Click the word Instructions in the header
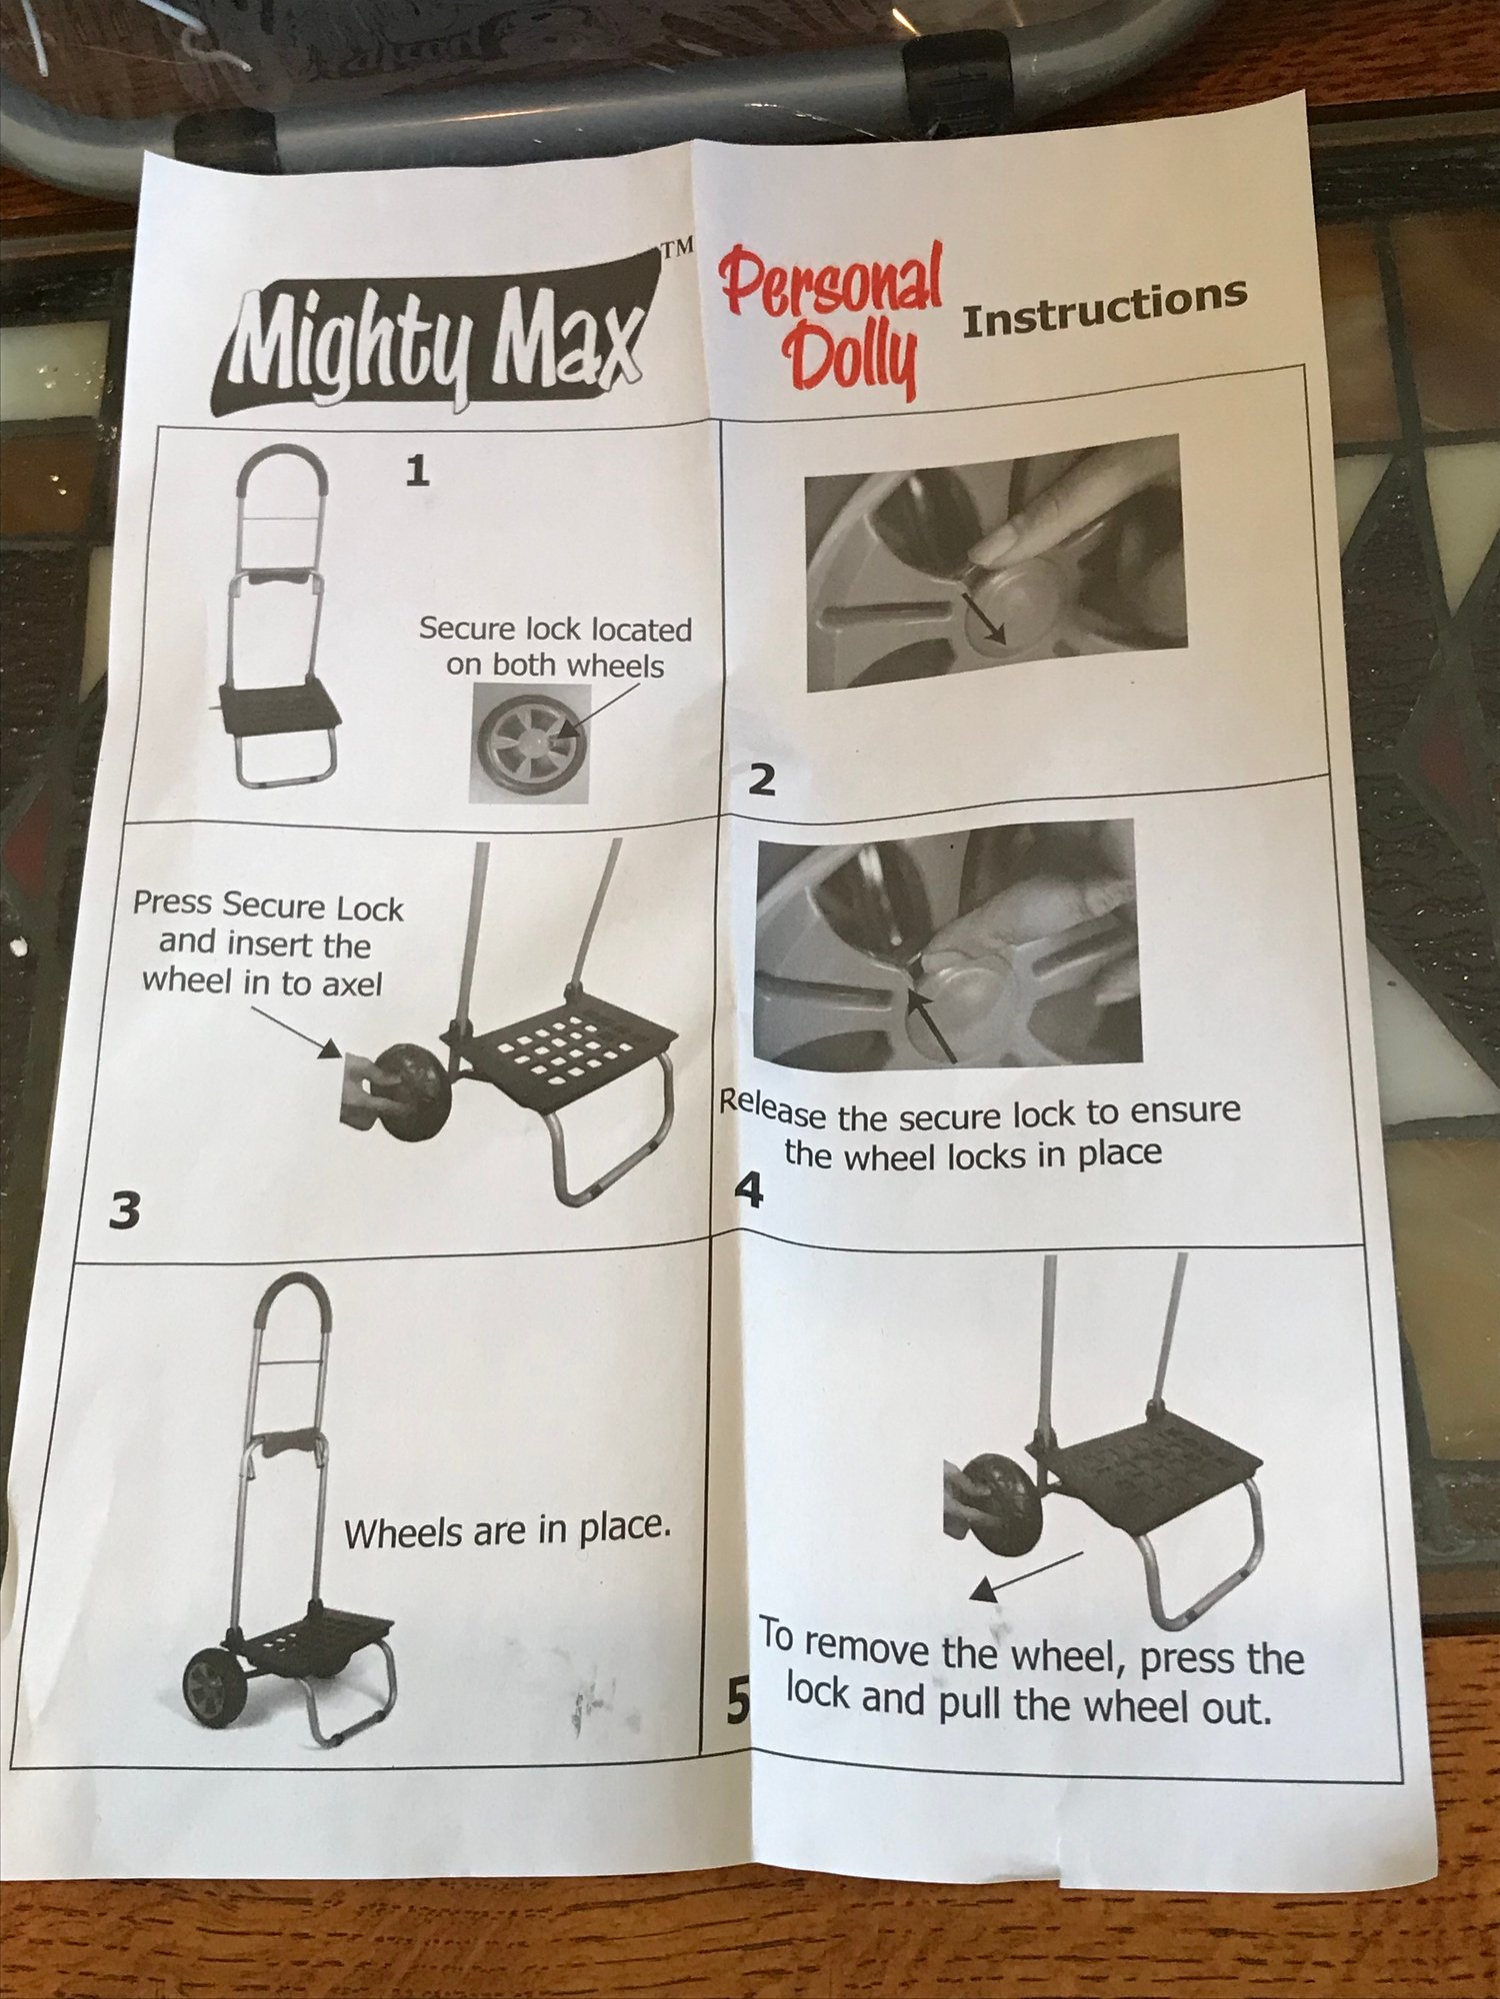[1104, 308]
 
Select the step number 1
[417, 470]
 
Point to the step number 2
[762, 779]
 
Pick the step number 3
[124, 1211]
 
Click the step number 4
[748, 1189]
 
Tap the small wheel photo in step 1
[529, 744]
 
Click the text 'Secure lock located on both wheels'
[555, 648]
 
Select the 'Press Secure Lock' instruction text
[267, 944]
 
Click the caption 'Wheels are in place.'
[507, 1530]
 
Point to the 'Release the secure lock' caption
[980, 1132]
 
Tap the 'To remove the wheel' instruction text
[1031, 1673]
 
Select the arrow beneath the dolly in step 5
[1028, 1575]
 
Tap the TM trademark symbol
[677, 249]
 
